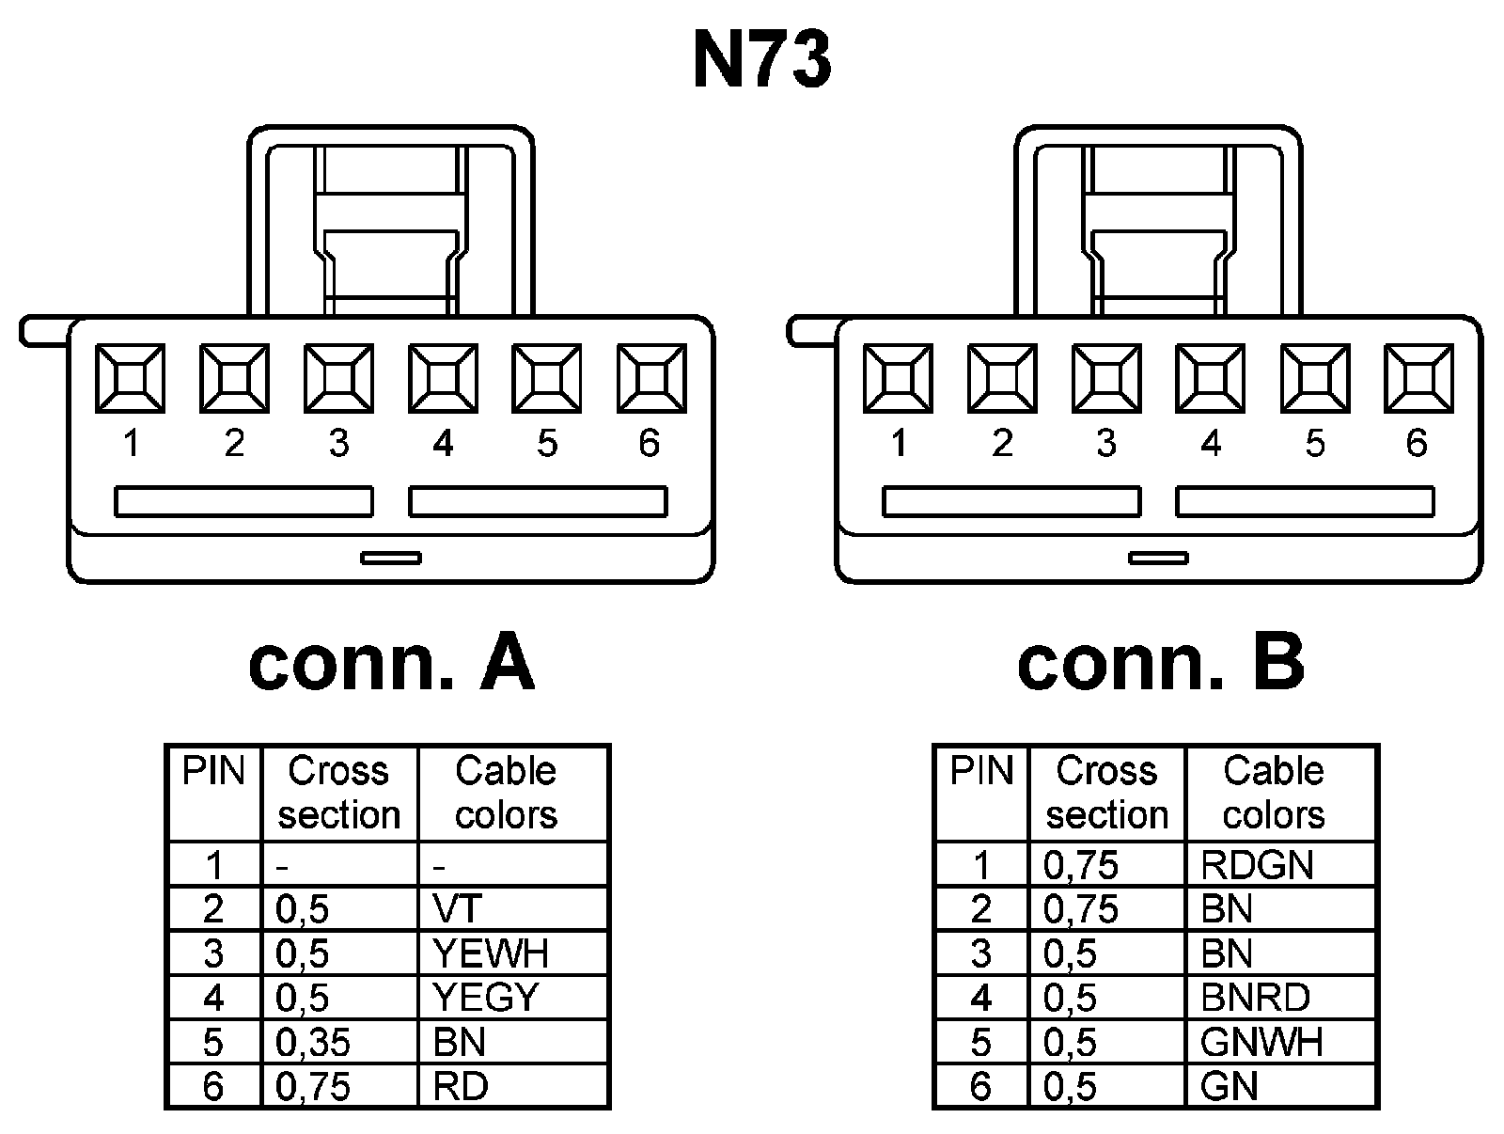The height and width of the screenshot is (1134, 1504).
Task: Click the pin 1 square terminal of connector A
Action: point(130,378)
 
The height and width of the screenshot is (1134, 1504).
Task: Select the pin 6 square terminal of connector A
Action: point(651,378)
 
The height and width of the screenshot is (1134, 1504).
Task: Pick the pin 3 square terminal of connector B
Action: point(1106,378)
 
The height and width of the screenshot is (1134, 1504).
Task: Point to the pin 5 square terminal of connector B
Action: point(1315,378)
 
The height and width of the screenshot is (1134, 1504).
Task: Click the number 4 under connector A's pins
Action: point(443,444)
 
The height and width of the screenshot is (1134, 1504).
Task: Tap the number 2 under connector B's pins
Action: point(1002,444)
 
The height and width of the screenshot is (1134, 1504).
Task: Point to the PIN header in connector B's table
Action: point(981,772)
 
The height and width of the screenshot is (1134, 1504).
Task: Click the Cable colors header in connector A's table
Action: point(506,793)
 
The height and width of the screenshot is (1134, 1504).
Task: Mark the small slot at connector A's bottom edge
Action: point(391,559)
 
